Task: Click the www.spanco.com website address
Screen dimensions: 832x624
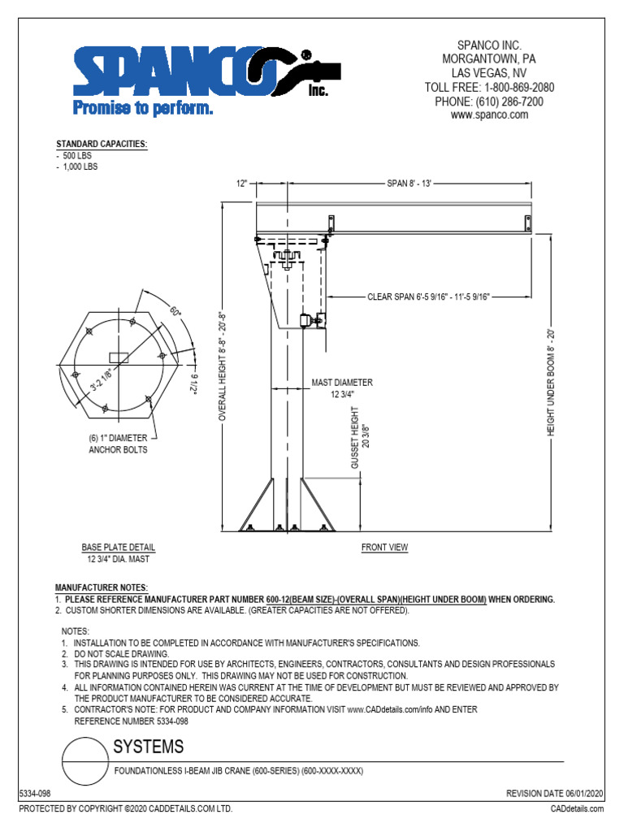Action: coord(489,115)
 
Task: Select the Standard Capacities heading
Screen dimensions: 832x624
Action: coord(102,144)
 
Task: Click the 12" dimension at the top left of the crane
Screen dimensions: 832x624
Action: coord(242,184)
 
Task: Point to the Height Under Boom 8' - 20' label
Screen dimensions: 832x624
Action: coord(550,382)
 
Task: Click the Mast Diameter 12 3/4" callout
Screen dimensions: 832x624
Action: coord(342,388)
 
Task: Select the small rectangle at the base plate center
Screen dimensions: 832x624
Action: coord(119,357)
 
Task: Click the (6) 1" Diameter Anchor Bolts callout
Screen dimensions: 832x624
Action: coord(119,444)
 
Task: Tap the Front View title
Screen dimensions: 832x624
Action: coord(384,548)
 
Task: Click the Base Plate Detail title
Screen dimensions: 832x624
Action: coord(118,548)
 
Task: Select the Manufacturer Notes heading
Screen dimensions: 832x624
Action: coord(102,587)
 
